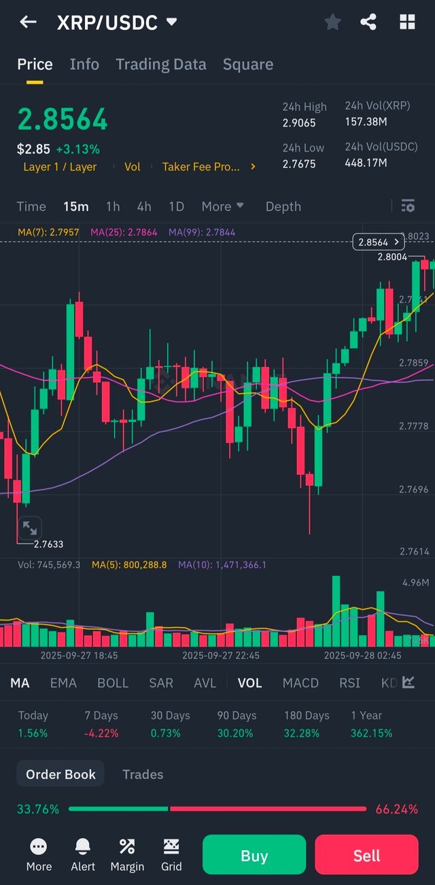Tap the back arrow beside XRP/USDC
tap(28, 22)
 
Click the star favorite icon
tap(332, 22)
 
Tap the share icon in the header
tap(368, 22)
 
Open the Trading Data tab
tap(160, 65)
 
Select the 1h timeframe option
tap(113, 207)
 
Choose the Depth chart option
tap(283, 207)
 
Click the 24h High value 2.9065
tap(299, 123)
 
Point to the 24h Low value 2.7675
tap(299, 163)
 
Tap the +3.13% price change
tap(77, 149)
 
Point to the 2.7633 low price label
tap(48, 544)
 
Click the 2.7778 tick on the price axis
tap(414, 427)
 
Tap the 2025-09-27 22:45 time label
tap(221, 656)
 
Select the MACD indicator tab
tap(300, 683)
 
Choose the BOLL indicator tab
tap(113, 683)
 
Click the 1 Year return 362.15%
tap(371, 733)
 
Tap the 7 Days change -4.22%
tap(101, 733)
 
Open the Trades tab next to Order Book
tap(143, 774)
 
